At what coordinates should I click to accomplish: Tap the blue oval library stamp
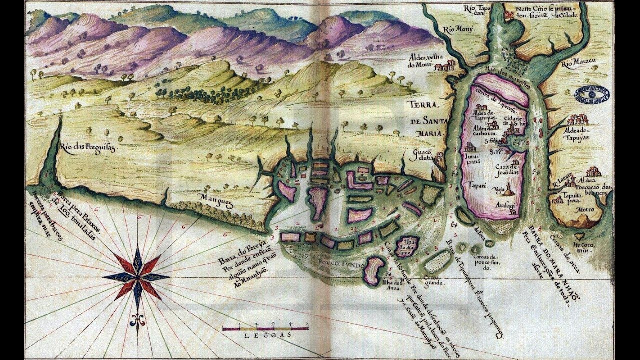593,93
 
